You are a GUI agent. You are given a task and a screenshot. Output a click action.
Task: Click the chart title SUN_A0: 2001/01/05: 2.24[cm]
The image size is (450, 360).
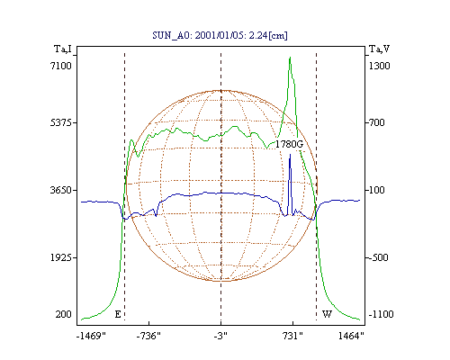click(x=220, y=36)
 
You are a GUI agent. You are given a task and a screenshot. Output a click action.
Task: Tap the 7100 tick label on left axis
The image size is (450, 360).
click(x=61, y=66)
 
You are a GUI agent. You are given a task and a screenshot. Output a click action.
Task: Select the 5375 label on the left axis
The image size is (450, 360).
click(x=61, y=122)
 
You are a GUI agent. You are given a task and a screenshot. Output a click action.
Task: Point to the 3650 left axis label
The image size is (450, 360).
click(x=61, y=190)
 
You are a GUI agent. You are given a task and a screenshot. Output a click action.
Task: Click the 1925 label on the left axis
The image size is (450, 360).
click(x=61, y=257)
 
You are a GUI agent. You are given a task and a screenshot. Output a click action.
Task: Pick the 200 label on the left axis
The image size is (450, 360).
click(x=63, y=314)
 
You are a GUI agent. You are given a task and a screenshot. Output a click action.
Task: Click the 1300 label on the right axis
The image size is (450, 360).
click(x=379, y=66)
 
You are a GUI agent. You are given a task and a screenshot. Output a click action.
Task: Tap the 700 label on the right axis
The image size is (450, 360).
click(x=376, y=122)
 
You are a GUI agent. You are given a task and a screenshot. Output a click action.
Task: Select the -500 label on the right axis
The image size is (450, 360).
click(x=378, y=257)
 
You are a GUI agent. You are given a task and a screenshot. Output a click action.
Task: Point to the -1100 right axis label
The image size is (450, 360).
click(x=381, y=314)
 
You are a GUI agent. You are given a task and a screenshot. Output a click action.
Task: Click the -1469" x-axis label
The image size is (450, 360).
click(x=91, y=336)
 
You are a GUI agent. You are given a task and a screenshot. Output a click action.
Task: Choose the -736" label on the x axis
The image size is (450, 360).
click(x=148, y=336)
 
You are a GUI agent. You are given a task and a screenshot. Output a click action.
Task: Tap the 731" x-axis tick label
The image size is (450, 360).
click(x=292, y=336)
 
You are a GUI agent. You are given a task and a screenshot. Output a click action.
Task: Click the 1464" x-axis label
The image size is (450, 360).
click(x=351, y=336)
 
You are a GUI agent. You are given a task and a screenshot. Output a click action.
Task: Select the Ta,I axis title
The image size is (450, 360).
click(x=63, y=49)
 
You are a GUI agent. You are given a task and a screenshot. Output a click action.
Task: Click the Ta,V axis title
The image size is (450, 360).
click(x=379, y=49)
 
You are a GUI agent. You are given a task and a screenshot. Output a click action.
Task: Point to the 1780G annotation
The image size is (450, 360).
click(x=290, y=144)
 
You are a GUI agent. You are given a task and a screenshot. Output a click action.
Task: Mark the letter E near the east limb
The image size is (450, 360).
click(x=118, y=314)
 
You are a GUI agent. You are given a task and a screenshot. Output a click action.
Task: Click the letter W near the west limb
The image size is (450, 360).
click(x=327, y=314)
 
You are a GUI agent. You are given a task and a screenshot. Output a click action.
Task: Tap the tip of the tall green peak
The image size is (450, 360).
click(x=290, y=57)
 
